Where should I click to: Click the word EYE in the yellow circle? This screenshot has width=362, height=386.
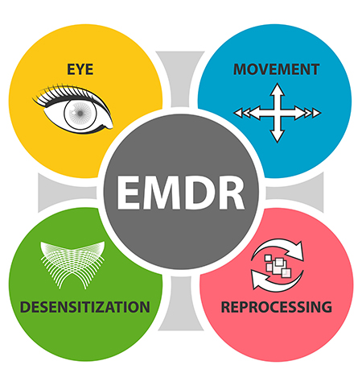(x=80, y=69)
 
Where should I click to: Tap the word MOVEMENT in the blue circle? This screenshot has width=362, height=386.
(x=276, y=69)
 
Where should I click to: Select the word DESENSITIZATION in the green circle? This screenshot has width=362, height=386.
(x=85, y=307)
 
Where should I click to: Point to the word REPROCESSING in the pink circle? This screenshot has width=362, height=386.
(x=277, y=307)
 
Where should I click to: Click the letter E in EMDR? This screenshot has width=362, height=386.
(x=129, y=193)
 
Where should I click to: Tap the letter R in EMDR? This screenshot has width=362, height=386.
(x=231, y=193)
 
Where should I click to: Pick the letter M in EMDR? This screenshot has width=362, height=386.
(x=162, y=193)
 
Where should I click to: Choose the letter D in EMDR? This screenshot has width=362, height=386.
(x=199, y=193)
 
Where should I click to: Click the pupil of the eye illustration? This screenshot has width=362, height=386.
(x=80, y=114)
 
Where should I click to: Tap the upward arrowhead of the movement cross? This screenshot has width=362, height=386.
(x=277, y=89)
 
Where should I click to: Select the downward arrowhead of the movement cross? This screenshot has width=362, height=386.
(x=277, y=136)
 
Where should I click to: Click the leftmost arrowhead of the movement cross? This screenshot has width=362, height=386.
(x=237, y=113)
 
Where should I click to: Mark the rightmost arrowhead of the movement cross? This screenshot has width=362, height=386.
(x=317, y=113)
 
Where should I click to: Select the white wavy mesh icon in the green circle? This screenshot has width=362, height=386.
(x=72, y=264)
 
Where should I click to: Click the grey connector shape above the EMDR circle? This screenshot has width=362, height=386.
(x=180, y=78)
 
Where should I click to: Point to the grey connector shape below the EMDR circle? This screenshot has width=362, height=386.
(x=180, y=304)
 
